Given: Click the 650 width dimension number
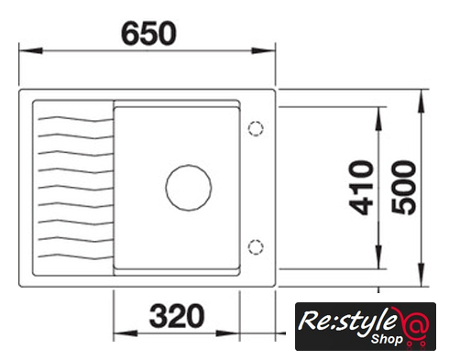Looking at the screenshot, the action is (148, 33).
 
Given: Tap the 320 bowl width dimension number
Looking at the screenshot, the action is (177, 316).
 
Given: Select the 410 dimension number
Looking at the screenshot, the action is (361, 188).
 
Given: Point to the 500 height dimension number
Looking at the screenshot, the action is (404, 188).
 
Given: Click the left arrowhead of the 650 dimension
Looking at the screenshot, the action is (30, 50).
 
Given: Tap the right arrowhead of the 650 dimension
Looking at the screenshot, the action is (263, 50).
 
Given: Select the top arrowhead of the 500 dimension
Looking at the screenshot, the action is (422, 102).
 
